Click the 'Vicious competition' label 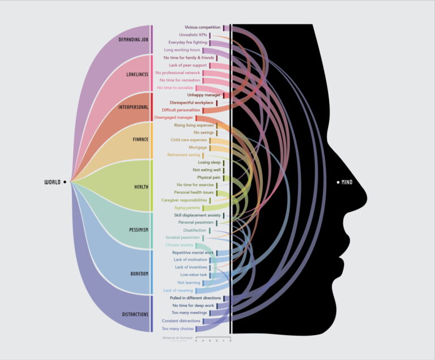[x=203, y=27]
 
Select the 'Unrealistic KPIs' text [x=193, y=35]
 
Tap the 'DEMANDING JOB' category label [x=134, y=40]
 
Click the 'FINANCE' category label [x=140, y=139]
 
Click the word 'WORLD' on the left [x=53, y=182]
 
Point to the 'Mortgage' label [x=197, y=147]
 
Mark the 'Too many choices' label [x=178, y=328]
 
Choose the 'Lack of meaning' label [x=178, y=290]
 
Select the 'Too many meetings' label [x=190, y=312]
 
